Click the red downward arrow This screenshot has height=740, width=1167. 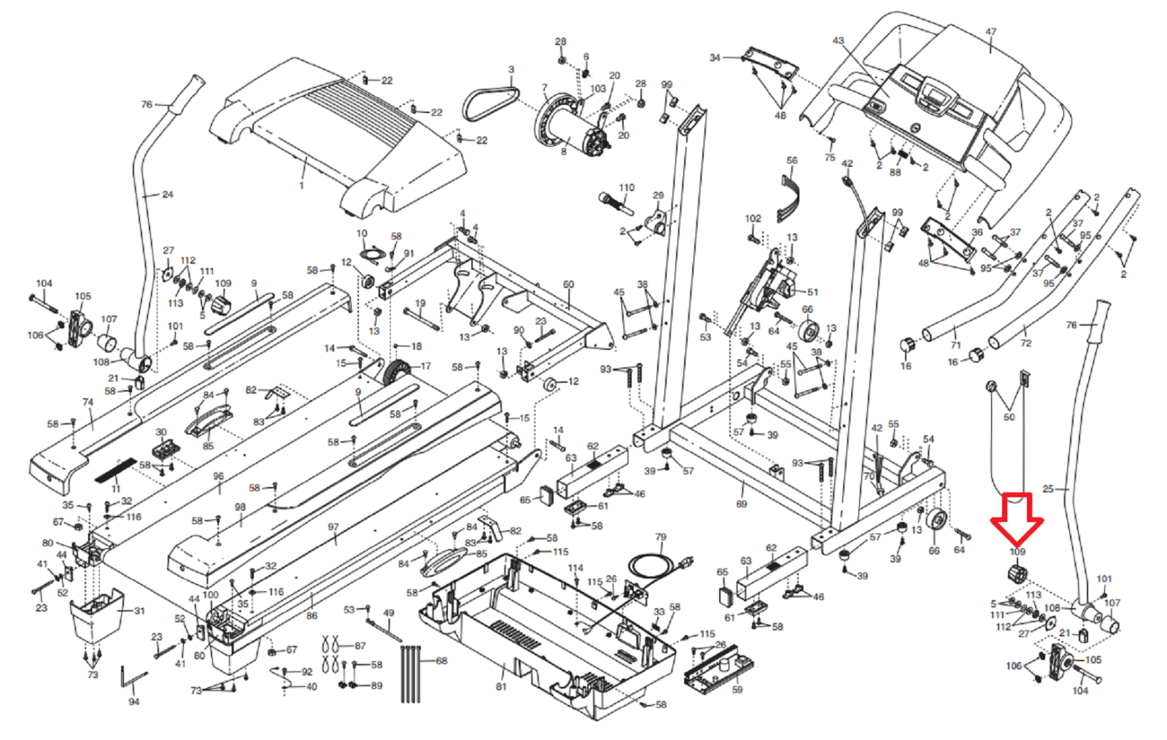point(1017,520)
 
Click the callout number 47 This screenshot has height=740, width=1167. point(990,32)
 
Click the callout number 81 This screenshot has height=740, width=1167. point(501,687)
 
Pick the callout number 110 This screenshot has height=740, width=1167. point(627,187)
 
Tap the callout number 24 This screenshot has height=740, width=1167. point(168,195)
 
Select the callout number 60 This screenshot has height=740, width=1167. point(568,284)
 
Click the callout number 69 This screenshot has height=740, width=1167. point(742,504)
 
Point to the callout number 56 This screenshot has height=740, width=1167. point(792,160)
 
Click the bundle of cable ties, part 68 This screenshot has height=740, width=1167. point(411,674)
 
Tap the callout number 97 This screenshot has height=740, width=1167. point(333,527)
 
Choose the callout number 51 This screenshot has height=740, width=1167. point(813,292)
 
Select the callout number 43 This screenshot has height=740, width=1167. point(838,41)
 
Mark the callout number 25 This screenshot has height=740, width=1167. point(1048,488)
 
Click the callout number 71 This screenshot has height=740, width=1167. point(955,345)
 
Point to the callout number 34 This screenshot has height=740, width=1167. point(715,58)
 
